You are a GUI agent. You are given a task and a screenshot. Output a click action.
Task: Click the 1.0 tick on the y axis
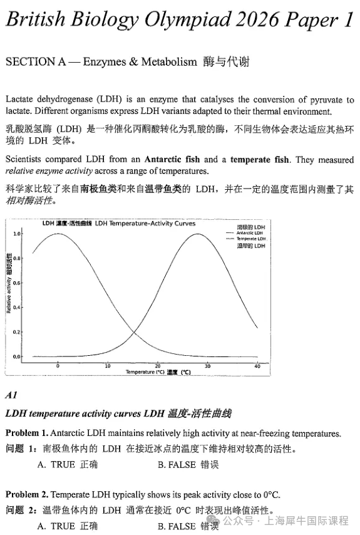[17, 234]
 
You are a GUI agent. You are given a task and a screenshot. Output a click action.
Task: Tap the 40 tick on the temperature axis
[257, 366]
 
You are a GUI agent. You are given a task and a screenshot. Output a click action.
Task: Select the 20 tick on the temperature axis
[157, 366]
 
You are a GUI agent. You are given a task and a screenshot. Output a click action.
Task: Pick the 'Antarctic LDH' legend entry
[250, 233]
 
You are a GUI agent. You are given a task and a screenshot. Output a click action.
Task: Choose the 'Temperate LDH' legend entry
[250, 239]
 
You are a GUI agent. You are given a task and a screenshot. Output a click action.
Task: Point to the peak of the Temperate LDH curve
[197, 234]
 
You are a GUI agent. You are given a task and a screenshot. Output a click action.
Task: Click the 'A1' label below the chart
[11, 395]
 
